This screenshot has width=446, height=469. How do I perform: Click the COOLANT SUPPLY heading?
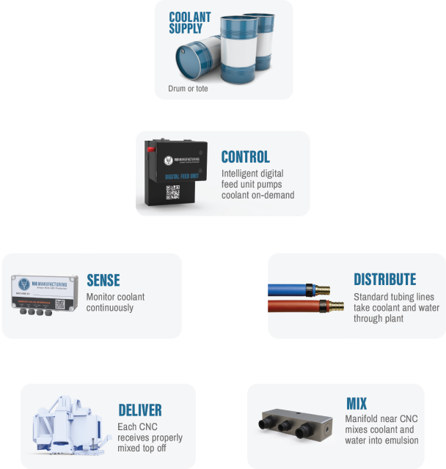[189, 23]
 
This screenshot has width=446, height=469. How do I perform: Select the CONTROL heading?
[246, 157]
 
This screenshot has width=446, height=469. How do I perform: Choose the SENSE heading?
[103, 280]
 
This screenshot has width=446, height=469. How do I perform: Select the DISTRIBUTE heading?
[384, 280]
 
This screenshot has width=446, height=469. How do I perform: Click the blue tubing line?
[300, 289]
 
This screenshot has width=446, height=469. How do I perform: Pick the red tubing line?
[300, 306]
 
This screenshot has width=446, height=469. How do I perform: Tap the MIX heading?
[357, 405]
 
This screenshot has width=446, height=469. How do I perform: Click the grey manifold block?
[297, 426]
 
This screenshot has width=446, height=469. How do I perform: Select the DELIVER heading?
[139, 410]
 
